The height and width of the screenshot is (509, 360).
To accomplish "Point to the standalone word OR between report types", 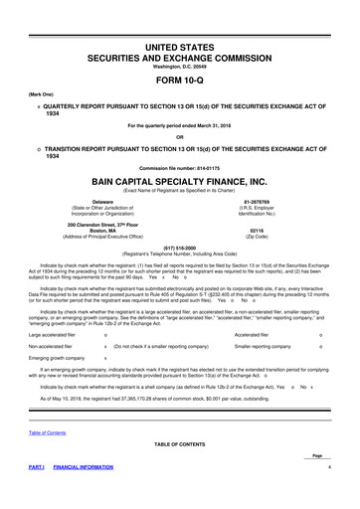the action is coord(181,137).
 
